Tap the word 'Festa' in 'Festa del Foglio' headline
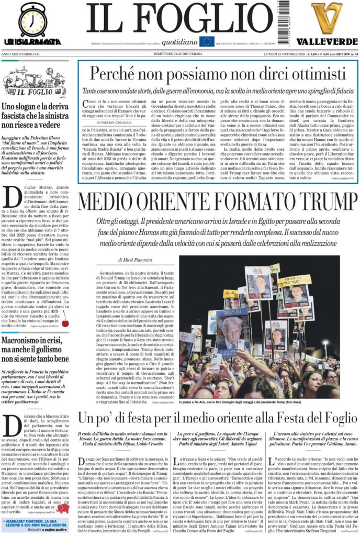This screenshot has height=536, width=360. point(263,419)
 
